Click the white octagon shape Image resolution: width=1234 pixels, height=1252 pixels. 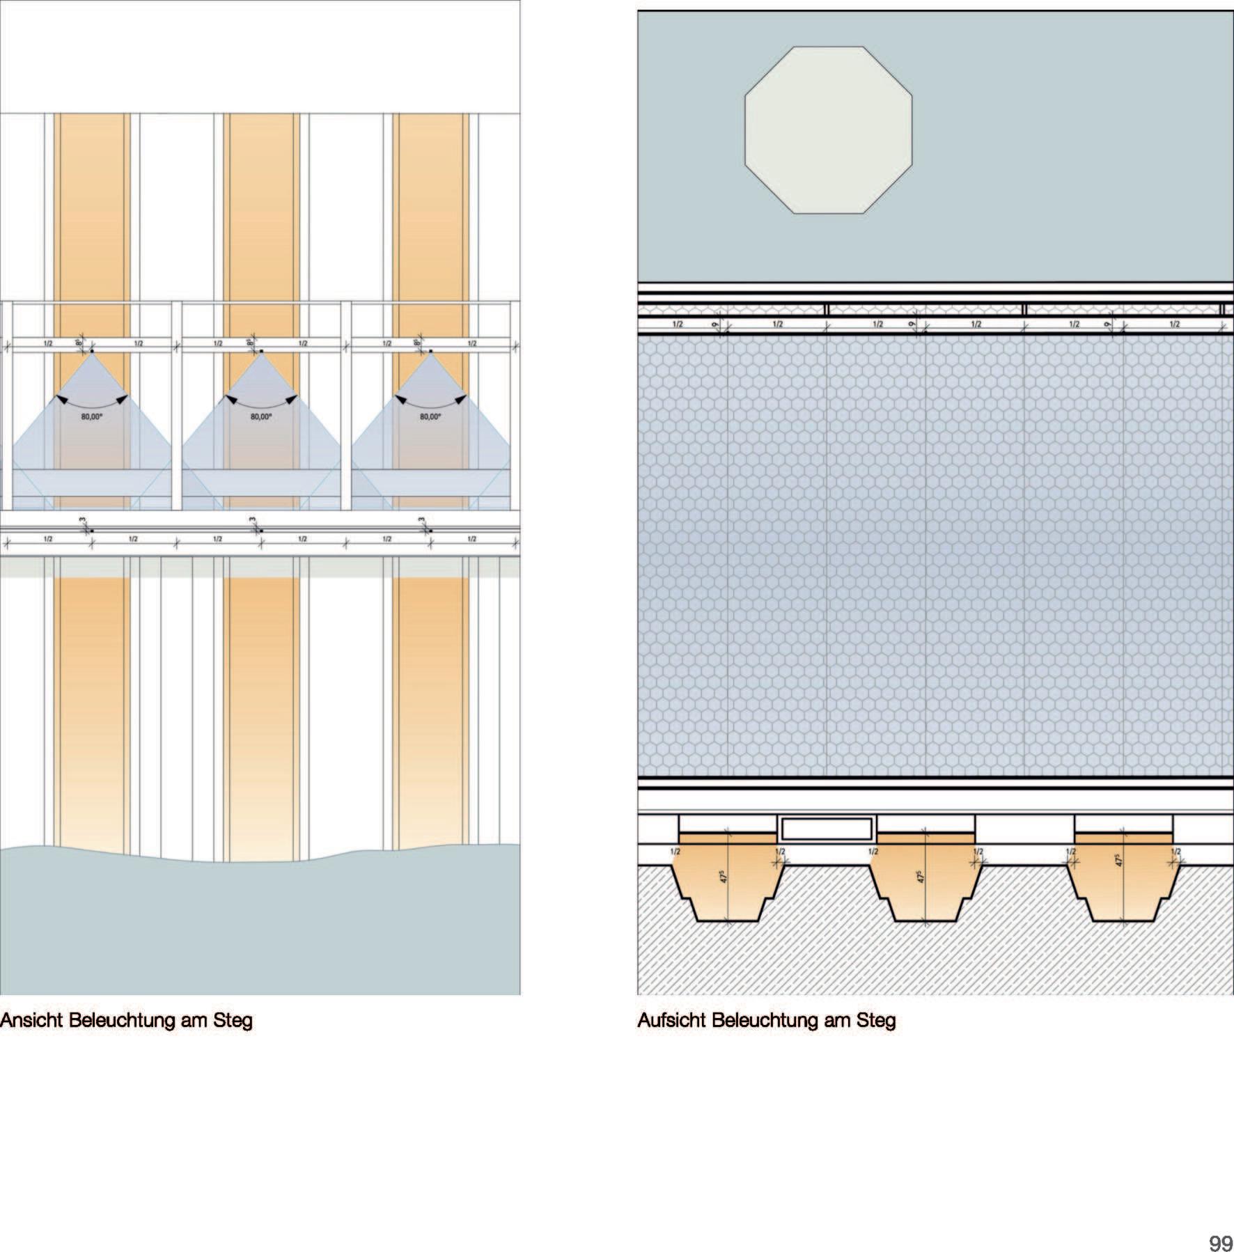click(x=828, y=130)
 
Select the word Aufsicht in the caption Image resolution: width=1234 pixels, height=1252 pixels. click(x=671, y=1021)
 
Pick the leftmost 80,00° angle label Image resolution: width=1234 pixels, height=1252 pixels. click(x=91, y=417)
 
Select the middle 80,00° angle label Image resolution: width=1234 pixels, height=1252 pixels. click(x=261, y=417)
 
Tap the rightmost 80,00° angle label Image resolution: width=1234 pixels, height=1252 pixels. click(x=430, y=417)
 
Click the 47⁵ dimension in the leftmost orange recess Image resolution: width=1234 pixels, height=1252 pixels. click(x=724, y=876)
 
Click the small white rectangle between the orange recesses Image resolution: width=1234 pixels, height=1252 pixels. click(x=827, y=829)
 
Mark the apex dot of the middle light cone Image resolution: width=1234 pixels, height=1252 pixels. click(x=261, y=352)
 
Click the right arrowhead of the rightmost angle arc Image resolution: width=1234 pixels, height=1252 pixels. click(x=462, y=399)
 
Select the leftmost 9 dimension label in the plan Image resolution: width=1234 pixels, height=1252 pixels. click(x=715, y=324)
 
